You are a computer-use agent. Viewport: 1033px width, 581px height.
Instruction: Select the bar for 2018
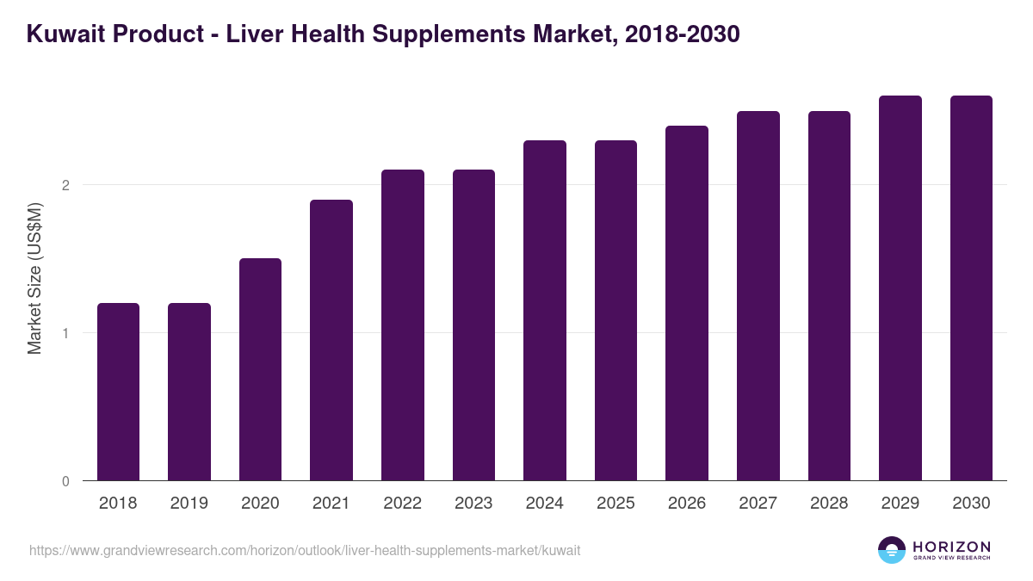coord(118,392)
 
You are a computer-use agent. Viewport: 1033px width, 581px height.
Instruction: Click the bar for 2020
coord(260,369)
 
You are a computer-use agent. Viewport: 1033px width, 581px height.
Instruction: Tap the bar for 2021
coord(331,340)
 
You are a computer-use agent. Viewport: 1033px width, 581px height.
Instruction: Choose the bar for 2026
coord(687,303)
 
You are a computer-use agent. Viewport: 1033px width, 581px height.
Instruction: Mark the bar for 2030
coord(971,288)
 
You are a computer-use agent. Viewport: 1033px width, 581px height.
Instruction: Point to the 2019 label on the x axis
coord(189,504)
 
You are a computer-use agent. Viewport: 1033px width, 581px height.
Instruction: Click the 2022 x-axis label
coord(402,504)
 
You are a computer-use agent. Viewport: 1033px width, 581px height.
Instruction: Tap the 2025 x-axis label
coord(615,504)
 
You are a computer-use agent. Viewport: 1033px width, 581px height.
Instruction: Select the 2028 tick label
coord(829,504)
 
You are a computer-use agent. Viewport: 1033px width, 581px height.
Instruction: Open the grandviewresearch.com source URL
coord(305,550)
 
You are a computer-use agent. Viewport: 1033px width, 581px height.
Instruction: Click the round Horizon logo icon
coord(892,550)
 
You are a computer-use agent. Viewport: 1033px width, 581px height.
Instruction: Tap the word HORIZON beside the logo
coord(952,546)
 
